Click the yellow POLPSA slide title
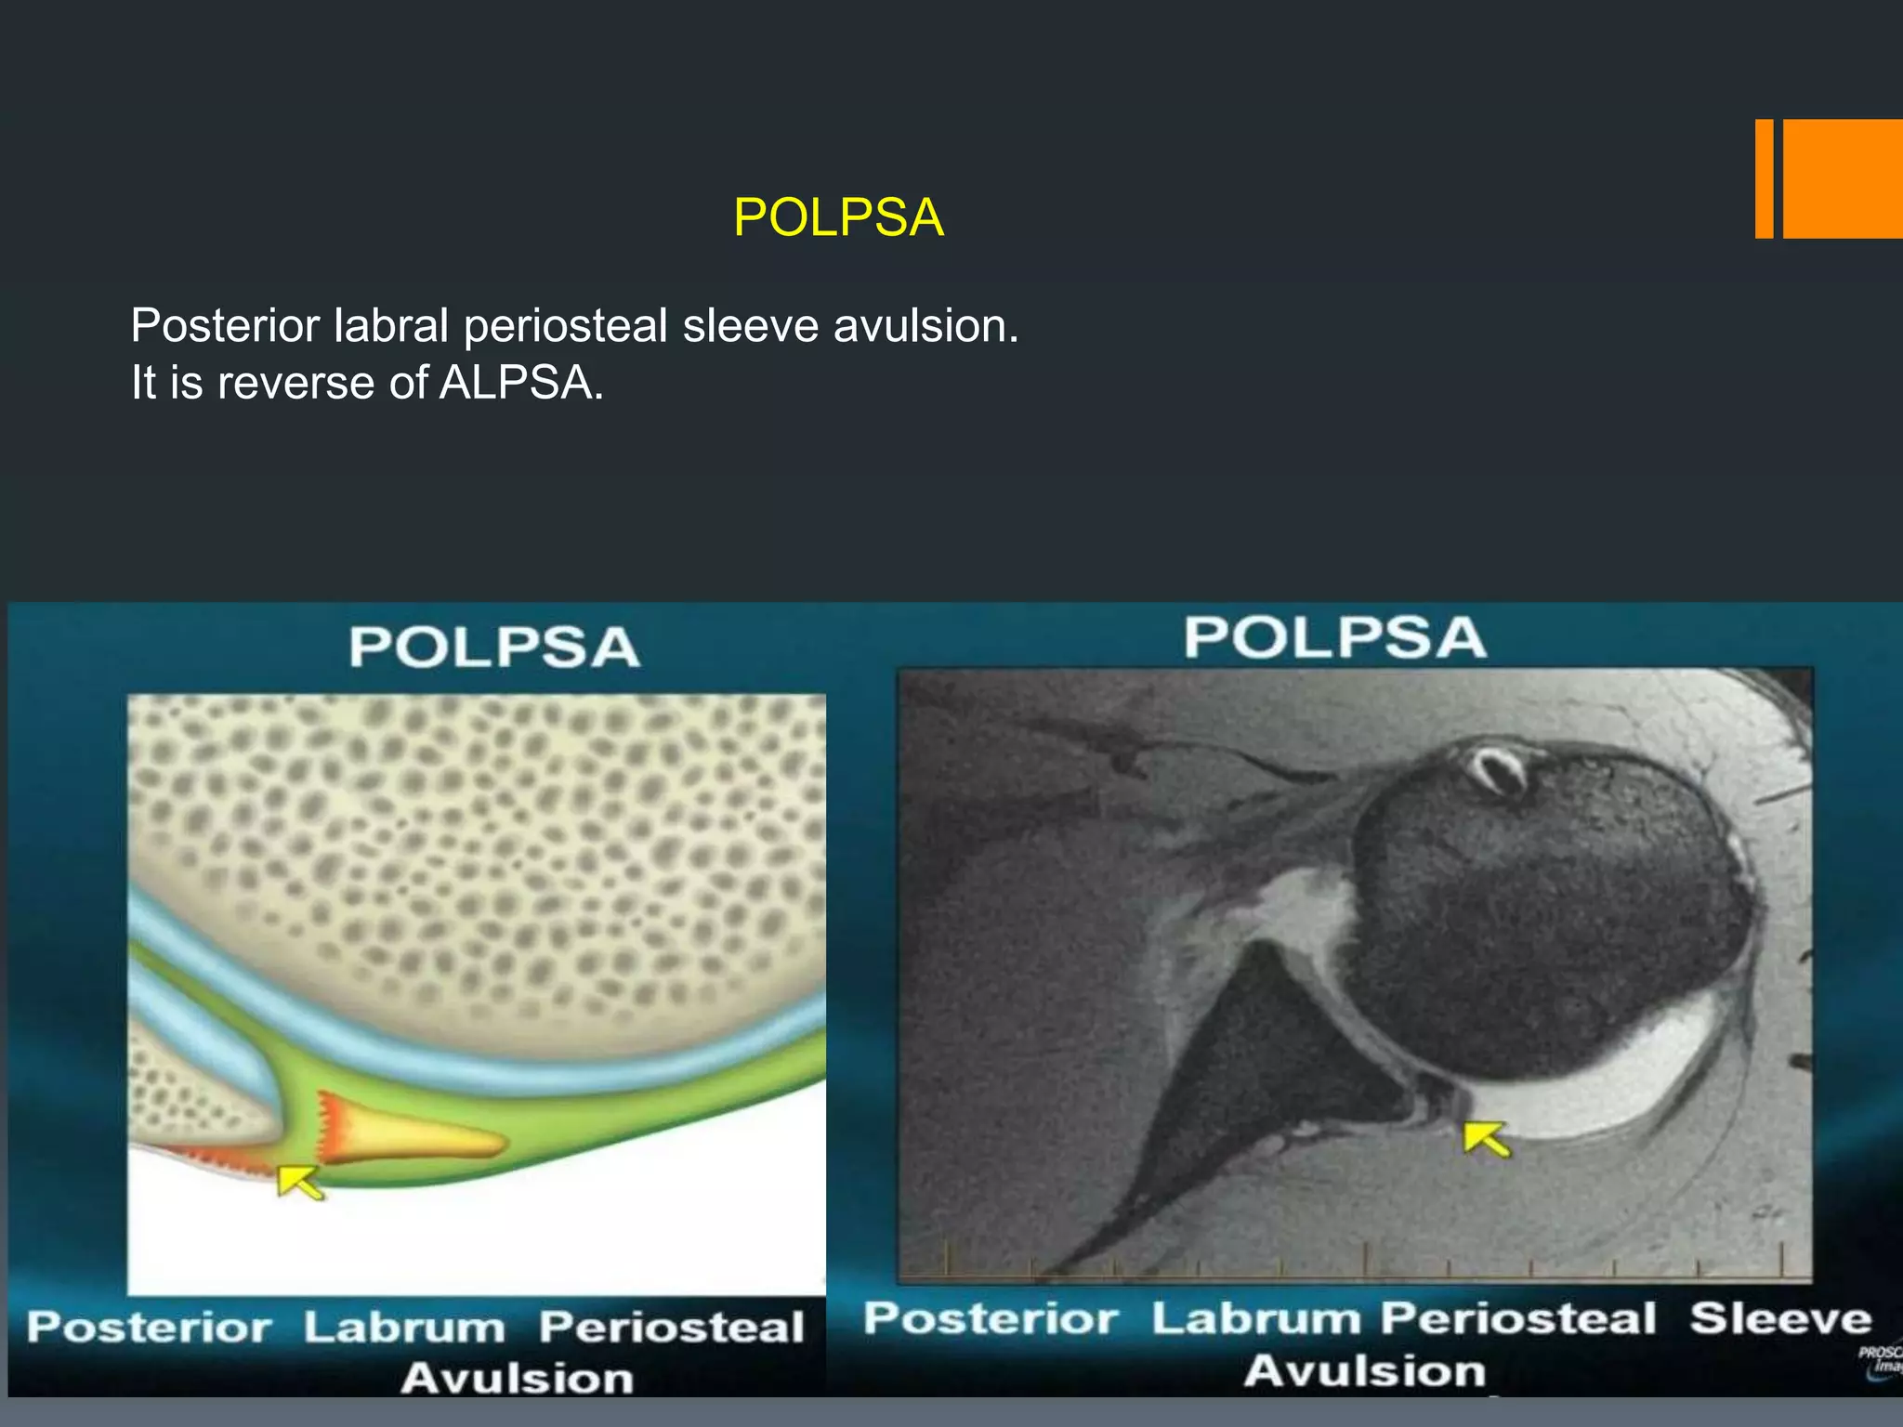[x=838, y=218]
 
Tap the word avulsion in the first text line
[x=925, y=326]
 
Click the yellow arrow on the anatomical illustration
[x=300, y=1182]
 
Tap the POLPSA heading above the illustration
[x=494, y=647]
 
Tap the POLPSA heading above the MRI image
[x=1334, y=638]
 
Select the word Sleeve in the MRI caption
[x=1779, y=1319]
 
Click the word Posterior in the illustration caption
[x=149, y=1327]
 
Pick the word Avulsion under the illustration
[x=517, y=1378]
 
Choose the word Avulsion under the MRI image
[x=1364, y=1371]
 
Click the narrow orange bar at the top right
[x=1764, y=178]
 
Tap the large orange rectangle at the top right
[x=1843, y=178]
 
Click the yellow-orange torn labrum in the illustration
[x=409, y=1135]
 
